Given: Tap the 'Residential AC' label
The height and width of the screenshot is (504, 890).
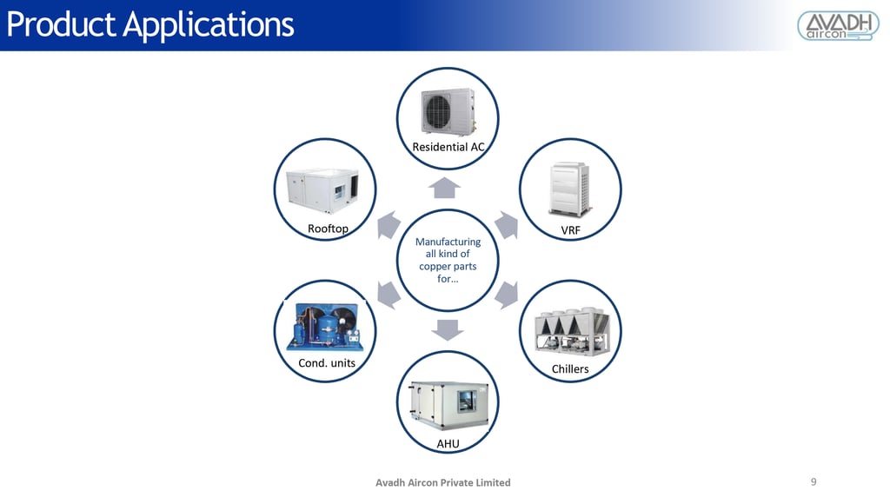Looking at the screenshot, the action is (448, 147).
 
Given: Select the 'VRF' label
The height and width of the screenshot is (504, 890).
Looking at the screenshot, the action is (570, 229).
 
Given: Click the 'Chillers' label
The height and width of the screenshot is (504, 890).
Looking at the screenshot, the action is (570, 369).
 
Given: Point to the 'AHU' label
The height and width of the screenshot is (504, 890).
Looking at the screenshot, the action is (448, 444).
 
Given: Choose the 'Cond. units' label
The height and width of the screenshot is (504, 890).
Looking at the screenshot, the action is (327, 362).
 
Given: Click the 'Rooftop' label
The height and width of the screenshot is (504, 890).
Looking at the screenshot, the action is (328, 229).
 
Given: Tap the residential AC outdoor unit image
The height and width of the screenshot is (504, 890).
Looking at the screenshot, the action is (448, 111).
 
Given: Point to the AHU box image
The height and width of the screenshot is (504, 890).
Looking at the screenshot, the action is (448, 405).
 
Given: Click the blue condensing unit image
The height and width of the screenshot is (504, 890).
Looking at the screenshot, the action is (324, 328).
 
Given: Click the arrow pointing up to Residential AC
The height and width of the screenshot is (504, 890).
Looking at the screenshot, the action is (446, 187).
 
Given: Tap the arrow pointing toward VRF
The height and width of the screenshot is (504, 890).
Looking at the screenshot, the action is (506, 225).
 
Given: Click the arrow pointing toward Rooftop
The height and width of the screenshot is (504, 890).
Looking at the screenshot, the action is (388, 224).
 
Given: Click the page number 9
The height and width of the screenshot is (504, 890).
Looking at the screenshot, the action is (814, 481).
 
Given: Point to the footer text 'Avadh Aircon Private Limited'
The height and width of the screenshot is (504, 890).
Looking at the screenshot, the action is (442, 482).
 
